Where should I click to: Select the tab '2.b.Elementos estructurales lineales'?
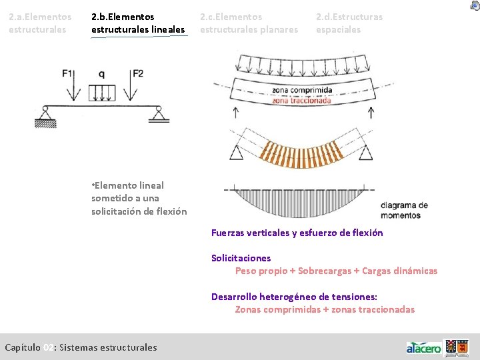point(138,23)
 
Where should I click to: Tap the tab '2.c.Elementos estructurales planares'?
point(249,23)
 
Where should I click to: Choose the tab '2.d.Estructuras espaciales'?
point(349,23)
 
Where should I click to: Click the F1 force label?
point(68,74)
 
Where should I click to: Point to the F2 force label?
point(138,74)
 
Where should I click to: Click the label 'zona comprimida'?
point(302,90)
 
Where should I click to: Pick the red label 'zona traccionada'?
point(301,101)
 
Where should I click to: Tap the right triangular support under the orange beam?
point(365,153)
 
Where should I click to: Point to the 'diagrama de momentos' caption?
point(405,211)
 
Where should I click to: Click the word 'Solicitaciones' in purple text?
point(241,258)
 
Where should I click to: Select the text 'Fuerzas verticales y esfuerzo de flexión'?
point(297,233)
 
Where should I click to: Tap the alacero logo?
point(424,347)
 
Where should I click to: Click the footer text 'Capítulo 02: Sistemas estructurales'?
point(81,347)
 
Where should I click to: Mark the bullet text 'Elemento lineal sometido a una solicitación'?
point(139,198)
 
